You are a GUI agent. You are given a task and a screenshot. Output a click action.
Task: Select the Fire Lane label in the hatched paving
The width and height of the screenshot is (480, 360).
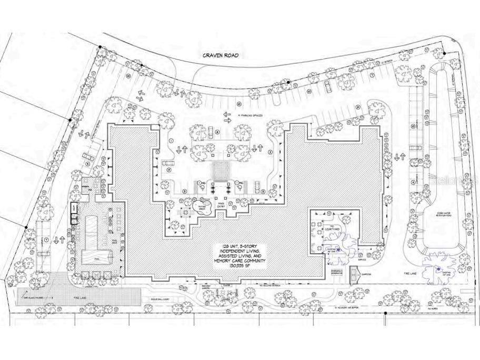79,298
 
